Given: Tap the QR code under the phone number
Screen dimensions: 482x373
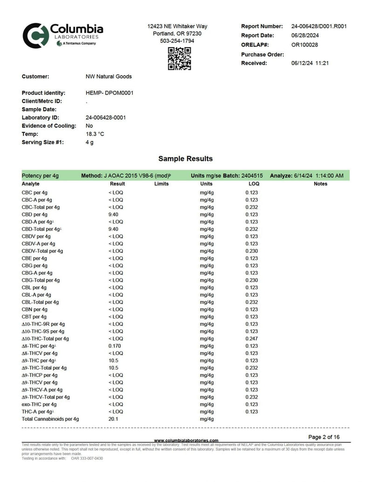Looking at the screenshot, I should point(180,59).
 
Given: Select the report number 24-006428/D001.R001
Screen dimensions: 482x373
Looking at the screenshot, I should point(319,27).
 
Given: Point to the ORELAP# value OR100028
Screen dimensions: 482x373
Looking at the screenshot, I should point(304,45).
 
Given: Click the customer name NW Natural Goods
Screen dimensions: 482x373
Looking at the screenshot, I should point(109,76).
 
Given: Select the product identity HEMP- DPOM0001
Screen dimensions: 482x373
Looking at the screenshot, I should point(110,93).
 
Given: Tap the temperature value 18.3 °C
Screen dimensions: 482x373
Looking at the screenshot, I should point(95,134).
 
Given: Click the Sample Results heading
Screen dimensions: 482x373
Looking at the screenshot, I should point(186,159).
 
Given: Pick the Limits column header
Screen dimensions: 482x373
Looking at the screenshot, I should point(161,184).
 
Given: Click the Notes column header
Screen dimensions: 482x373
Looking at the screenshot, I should point(320,184).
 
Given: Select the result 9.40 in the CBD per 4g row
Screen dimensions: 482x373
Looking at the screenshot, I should point(113,215).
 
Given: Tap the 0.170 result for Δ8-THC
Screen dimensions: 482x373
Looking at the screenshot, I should point(114,346).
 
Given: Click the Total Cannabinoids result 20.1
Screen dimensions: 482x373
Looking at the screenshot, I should point(113,419).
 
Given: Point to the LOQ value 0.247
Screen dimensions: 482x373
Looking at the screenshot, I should point(252,339).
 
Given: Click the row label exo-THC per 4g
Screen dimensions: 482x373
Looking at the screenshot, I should point(39,405).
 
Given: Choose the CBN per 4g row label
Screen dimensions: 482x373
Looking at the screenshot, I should point(35,310).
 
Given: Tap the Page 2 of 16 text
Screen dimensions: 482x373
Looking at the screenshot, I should point(324,437).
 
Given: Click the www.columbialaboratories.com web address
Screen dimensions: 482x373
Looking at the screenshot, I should point(186,441).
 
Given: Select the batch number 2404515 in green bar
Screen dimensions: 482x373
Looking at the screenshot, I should point(252,176).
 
